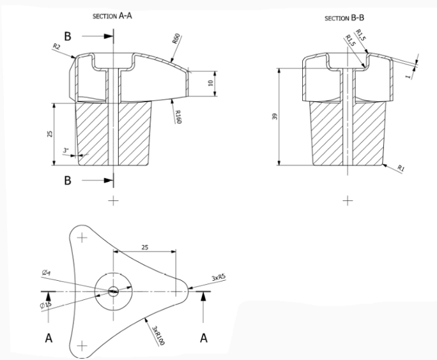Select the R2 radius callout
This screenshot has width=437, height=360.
click(x=57, y=46)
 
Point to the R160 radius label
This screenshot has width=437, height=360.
click(x=178, y=117)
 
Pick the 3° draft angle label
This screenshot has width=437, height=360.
click(x=66, y=151)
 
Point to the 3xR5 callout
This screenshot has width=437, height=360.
click(x=218, y=279)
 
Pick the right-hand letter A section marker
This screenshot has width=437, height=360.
click(x=204, y=338)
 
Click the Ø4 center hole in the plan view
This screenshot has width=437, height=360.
click(x=114, y=292)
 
